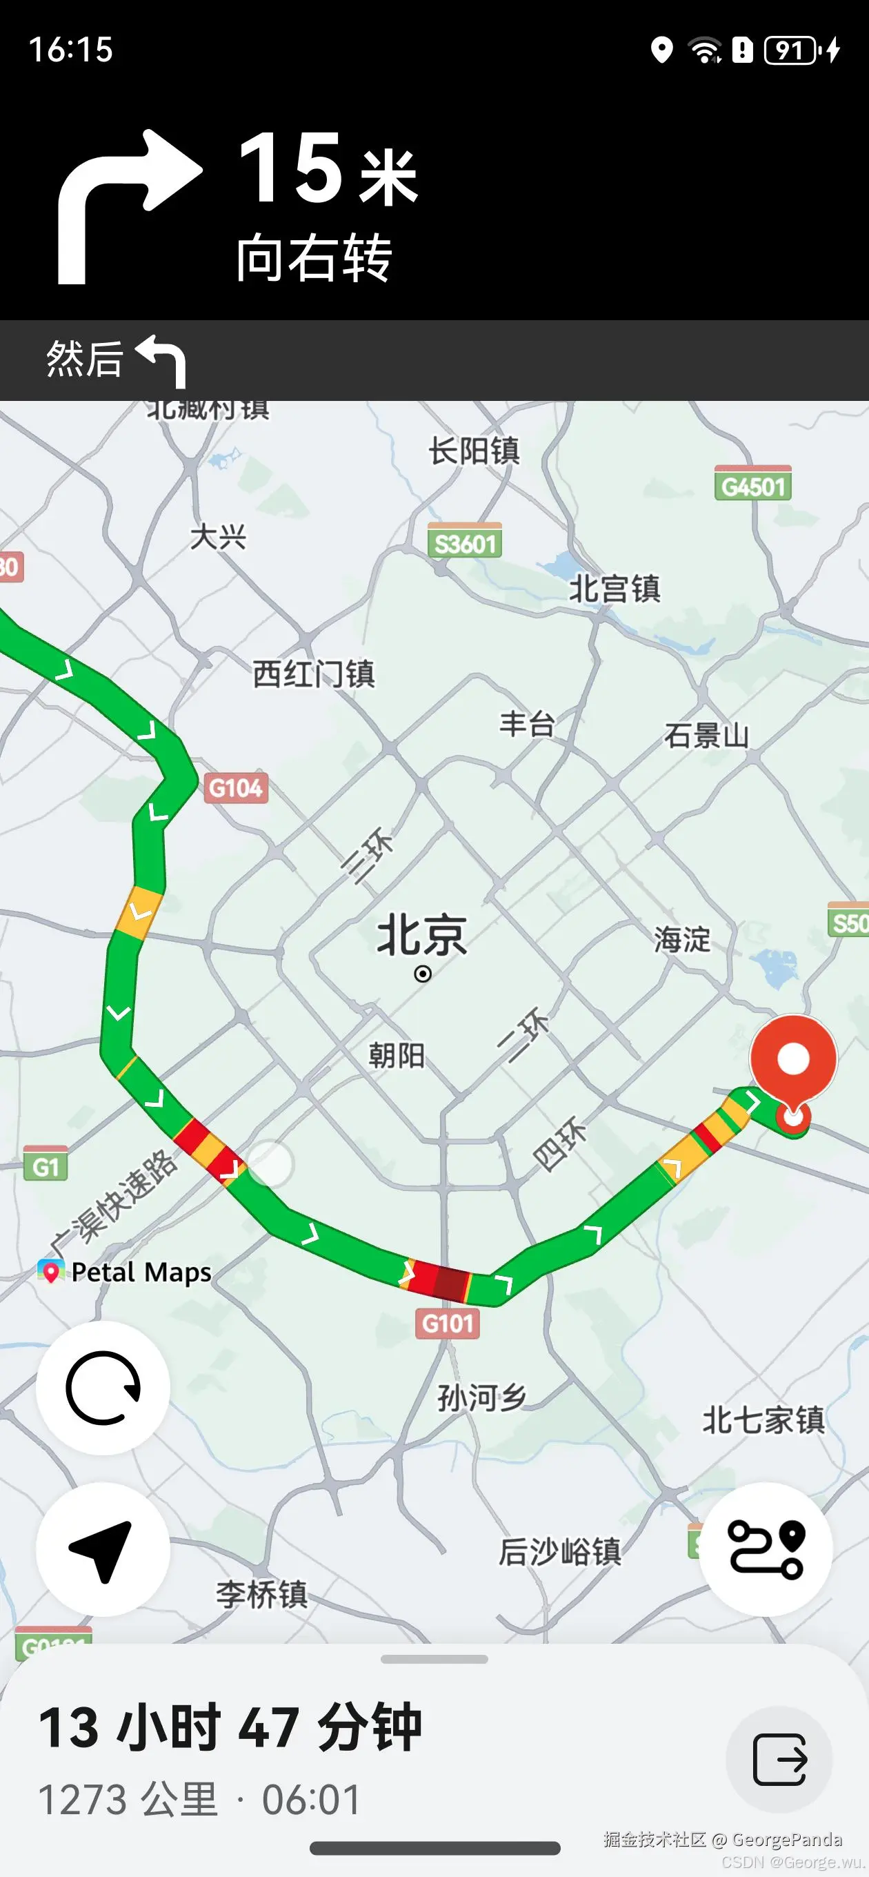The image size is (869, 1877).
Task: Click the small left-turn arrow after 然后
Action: pos(161,360)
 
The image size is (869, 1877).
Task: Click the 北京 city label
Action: pos(422,936)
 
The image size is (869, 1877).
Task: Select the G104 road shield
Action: pos(235,787)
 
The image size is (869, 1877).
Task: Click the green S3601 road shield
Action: pos(465,542)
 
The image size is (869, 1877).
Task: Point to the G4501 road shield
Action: pos(753,485)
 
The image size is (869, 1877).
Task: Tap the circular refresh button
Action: pos(103,1388)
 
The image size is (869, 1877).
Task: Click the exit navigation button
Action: pos(779,1760)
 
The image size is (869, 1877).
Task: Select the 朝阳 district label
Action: pos(397,1055)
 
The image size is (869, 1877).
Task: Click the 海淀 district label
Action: pos(682,939)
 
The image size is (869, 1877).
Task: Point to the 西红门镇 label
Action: pos(313,674)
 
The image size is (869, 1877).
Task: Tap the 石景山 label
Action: pos(706,735)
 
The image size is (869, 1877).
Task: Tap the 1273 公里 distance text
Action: pos(128,1800)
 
